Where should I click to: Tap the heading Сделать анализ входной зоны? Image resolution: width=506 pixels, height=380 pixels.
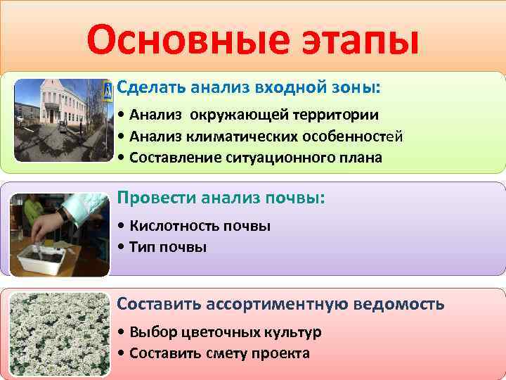click(x=249, y=88)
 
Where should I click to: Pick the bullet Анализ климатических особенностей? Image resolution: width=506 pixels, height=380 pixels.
click(x=261, y=136)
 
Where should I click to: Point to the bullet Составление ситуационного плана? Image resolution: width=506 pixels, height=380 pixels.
click(x=250, y=158)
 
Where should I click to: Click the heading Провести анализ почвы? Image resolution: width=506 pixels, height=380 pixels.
click(x=221, y=198)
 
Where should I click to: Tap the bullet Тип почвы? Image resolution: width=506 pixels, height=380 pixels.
click(x=162, y=247)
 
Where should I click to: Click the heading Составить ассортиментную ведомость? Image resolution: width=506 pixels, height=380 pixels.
click(x=280, y=304)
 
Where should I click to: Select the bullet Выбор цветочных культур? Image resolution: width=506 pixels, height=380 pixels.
click(x=220, y=331)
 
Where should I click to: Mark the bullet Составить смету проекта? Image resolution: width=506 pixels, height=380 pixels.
click(x=214, y=353)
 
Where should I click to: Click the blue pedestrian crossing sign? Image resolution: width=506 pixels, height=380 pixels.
click(x=108, y=90)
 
